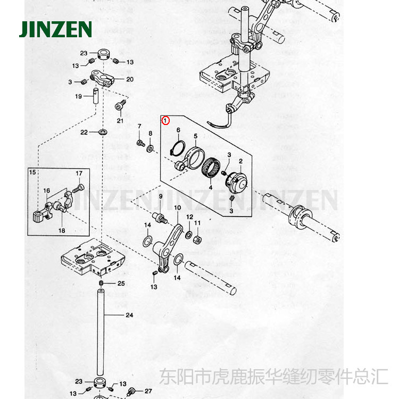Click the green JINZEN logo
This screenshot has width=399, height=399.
coord(55,29)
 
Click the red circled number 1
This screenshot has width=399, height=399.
coord(166,121)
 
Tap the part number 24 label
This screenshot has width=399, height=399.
coord(129,315)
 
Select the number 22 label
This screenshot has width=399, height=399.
coord(84,132)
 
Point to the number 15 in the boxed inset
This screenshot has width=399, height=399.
coord(32,172)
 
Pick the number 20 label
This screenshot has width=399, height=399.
coord(129,79)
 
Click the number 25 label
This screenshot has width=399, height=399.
coord(121,283)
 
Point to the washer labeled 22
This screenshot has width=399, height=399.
coord(102,132)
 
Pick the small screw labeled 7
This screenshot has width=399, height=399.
coord(140,143)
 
